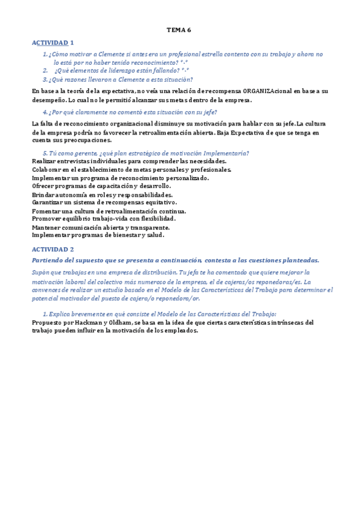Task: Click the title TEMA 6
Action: (x=178, y=29)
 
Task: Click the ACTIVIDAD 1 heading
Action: (x=52, y=43)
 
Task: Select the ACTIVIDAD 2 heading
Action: (x=52, y=248)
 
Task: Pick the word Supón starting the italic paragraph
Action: (x=41, y=272)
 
